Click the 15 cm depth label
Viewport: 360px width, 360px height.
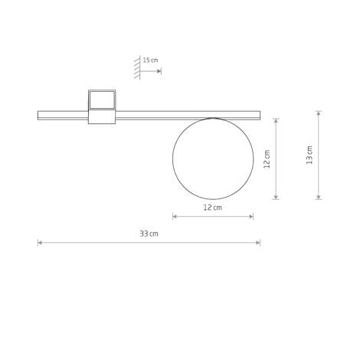pyautogui.click(x=150, y=60)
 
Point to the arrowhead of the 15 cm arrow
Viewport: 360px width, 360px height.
pyautogui.click(x=159, y=71)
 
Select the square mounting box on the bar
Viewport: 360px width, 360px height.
pyautogui.click(x=102, y=100)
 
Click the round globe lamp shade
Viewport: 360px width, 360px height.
pyautogui.click(x=213, y=159)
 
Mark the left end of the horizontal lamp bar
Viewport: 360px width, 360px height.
pyautogui.click(x=39, y=116)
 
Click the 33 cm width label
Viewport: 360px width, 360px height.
pyautogui.click(x=149, y=234)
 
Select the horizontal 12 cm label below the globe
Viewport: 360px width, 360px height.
pyautogui.click(x=212, y=208)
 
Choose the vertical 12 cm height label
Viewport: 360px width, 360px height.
pyautogui.click(x=267, y=159)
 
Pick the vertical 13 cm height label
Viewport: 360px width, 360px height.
pyautogui.click(x=309, y=155)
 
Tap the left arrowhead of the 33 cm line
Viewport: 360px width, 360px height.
pyautogui.click(x=39, y=243)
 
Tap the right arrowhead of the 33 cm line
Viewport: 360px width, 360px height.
pyautogui.click(x=259, y=243)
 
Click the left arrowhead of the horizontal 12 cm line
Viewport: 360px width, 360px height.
pyautogui.click(x=175, y=217)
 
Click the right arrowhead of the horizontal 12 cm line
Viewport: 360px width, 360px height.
pyautogui.click(x=252, y=217)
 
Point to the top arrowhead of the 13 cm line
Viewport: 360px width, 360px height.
pyautogui.click(x=319, y=113)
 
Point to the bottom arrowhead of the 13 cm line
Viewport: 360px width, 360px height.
pyautogui.click(x=319, y=198)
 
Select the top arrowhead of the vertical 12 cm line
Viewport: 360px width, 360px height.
pyautogui.click(x=277, y=119)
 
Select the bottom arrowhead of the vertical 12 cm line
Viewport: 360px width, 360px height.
pyautogui.click(x=277, y=198)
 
